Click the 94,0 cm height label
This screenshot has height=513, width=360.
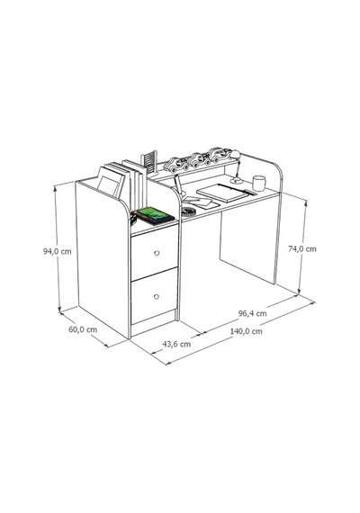pyautogui.click(x=57, y=252)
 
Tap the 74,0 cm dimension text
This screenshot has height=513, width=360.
pyautogui.click(x=302, y=249)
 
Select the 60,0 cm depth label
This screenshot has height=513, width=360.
pyautogui.click(x=83, y=329)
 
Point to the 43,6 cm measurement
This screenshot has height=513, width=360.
pyautogui.click(x=176, y=344)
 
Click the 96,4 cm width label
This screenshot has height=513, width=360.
pyautogui.click(x=252, y=313)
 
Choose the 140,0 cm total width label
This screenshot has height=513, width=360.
pyautogui.click(x=247, y=331)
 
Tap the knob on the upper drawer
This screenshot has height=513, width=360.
pyautogui.click(x=157, y=253)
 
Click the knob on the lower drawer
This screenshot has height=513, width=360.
pyautogui.click(x=156, y=297)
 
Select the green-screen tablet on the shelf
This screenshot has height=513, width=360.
pyautogui.click(x=155, y=216)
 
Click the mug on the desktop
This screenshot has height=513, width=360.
pyautogui.click(x=259, y=184)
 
